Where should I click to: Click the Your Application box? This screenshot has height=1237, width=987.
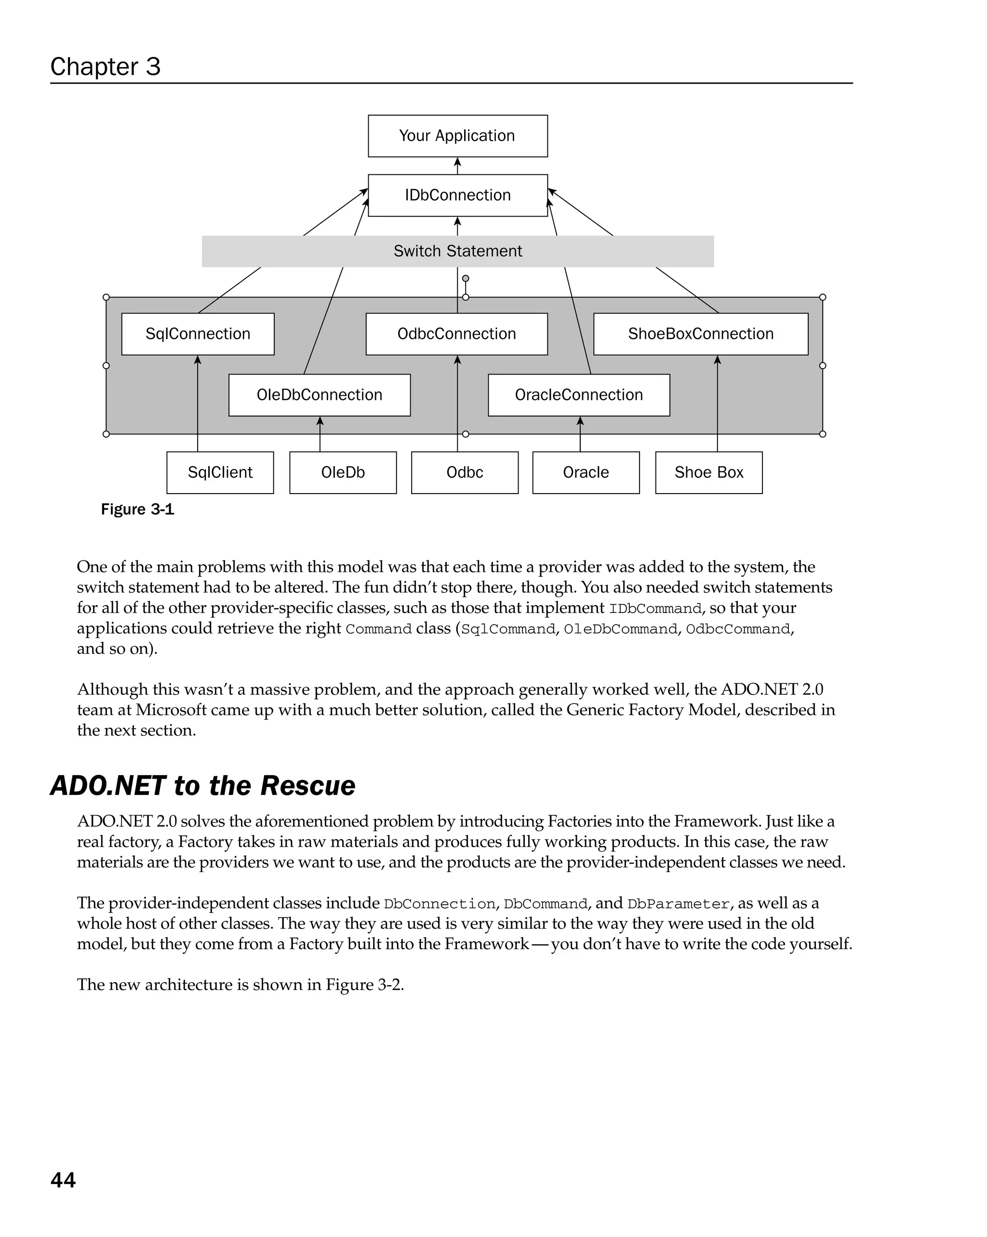pos(458,136)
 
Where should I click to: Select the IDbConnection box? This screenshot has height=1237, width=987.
pos(458,195)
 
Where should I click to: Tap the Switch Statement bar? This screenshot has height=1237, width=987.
pos(458,251)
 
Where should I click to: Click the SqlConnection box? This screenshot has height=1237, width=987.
pos(198,334)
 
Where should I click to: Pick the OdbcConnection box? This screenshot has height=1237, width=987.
pos(456,334)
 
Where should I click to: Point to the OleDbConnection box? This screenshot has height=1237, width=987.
pos(319,395)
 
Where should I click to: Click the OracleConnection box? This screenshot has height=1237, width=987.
pos(579,395)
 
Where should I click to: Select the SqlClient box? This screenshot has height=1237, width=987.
pos(220,473)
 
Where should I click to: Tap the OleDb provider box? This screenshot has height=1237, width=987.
pos(343,473)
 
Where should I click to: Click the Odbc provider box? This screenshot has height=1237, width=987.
pos(465,473)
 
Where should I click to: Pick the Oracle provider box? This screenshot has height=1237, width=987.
pos(586,473)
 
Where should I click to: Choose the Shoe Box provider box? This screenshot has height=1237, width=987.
pos(708,473)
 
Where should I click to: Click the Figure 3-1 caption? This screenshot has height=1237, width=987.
pos(137,509)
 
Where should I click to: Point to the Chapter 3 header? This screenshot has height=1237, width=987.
pos(105,66)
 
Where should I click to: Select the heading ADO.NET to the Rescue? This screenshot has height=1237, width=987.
pos(203,785)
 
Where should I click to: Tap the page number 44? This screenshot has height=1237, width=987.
pos(63,1180)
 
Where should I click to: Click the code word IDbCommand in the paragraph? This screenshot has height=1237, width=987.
pos(654,609)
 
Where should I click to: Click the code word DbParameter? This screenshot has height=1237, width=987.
pos(678,904)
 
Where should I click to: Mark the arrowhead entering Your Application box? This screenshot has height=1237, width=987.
pos(458,162)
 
